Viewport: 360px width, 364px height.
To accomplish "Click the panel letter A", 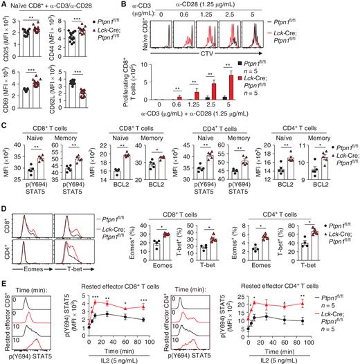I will click(5, 6).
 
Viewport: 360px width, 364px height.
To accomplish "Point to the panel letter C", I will click(5, 125).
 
